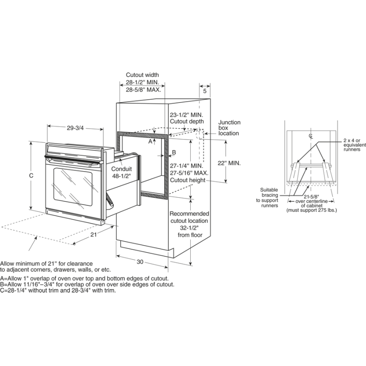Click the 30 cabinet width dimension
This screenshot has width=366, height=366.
pyautogui.click(x=140, y=262)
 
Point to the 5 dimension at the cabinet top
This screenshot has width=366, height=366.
pyautogui.click(x=205, y=91)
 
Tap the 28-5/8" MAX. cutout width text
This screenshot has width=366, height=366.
pyautogui.click(x=143, y=90)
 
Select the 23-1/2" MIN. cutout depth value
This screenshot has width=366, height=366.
pyautogui.click(x=186, y=115)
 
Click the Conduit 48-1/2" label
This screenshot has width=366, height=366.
pyautogui.click(x=121, y=172)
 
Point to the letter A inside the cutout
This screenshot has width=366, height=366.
pyautogui.click(x=150, y=142)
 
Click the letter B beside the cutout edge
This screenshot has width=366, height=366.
pyautogui.click(x=174, y=152)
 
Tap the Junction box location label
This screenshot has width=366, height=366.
pyautogui.click(x=229, y=128)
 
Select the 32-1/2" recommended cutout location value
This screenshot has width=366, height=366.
pyautogui.click(x=189, y=228)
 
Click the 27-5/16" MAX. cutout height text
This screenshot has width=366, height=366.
pyautogui.click(x=189, y=173)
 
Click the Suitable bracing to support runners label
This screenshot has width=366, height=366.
pyautogui.click(x=269, y=198)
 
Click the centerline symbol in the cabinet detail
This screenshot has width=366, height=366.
pyautogui.click(x=311, y=136)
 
